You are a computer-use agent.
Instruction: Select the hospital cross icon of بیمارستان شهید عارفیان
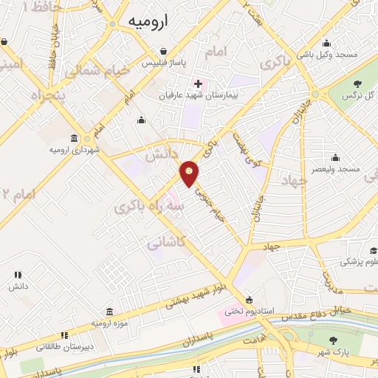198,83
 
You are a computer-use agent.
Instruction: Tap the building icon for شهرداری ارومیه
74,139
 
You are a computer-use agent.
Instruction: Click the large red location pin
190,173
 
